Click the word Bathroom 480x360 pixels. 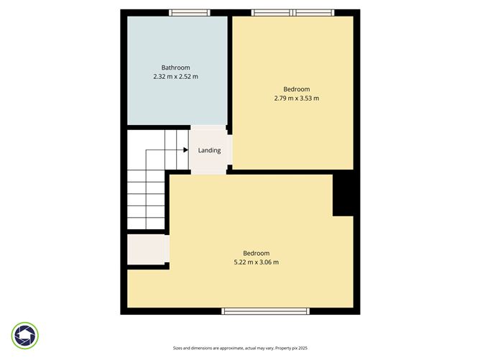coord(176,68)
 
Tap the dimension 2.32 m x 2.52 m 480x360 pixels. coord(176,76)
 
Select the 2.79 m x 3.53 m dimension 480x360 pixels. coord(296,98)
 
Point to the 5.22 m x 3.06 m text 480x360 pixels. coord(256,262)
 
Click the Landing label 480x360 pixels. coord(209,150)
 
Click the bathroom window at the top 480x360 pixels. coord(190,12)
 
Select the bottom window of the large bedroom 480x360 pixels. coord(265,311)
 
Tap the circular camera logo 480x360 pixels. coord(25,336)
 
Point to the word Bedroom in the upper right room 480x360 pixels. coord(296,90)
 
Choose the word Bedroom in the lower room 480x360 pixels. coord(256,253)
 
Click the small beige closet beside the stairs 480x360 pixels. coord(147,249)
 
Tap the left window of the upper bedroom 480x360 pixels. coord(272,12)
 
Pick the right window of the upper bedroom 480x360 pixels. coord(315,12)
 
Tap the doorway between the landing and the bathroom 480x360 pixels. coord(208,127)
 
